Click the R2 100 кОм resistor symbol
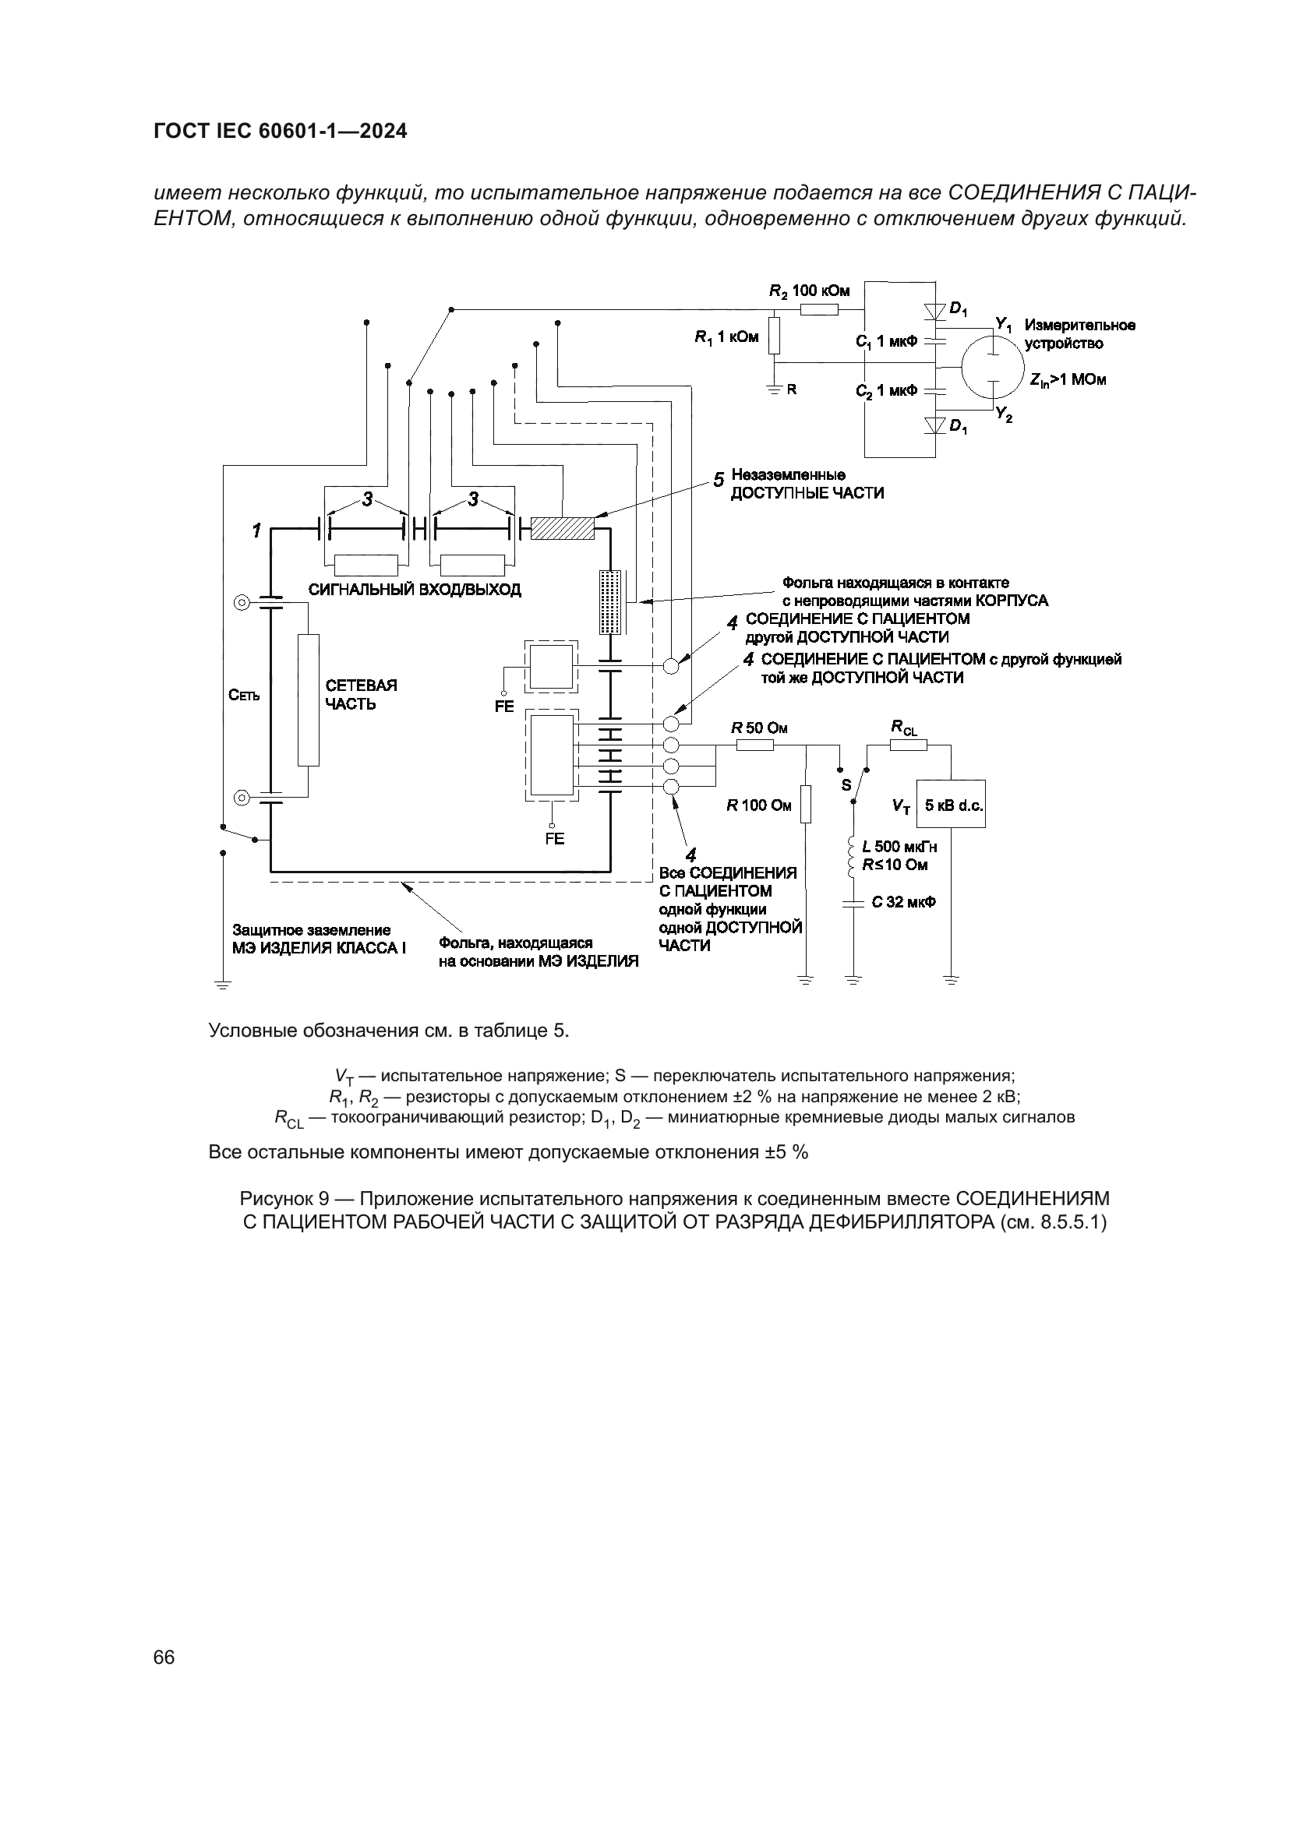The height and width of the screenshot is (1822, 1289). tap(819, 309)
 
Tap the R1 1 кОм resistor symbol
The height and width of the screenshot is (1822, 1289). tap(775, 336)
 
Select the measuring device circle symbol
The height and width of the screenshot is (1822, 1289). tap(991, 367)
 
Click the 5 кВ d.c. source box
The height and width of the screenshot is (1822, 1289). tap(952, 805)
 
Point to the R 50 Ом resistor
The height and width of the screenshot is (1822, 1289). tap(755, 745)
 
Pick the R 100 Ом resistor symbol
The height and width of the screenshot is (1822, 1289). tap(806, 805)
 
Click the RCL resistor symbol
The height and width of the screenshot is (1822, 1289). tap(903, 745)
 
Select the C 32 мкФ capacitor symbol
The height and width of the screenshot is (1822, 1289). tap(853, 903)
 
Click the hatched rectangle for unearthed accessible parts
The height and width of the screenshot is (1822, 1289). tap(563, 527)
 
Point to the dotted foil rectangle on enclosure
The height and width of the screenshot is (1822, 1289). tap(609, 601)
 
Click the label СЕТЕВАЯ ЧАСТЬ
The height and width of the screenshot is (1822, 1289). tap(361, 694)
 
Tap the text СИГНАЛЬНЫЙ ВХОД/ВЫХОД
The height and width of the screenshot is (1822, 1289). tap(415, 590)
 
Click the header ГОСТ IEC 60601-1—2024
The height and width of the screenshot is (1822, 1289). tap(281, 132)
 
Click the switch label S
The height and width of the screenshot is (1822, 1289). tap(846, 786)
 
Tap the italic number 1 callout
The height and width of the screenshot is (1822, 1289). tap(256, 531)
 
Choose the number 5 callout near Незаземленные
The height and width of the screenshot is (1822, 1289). tap(719, 480)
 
